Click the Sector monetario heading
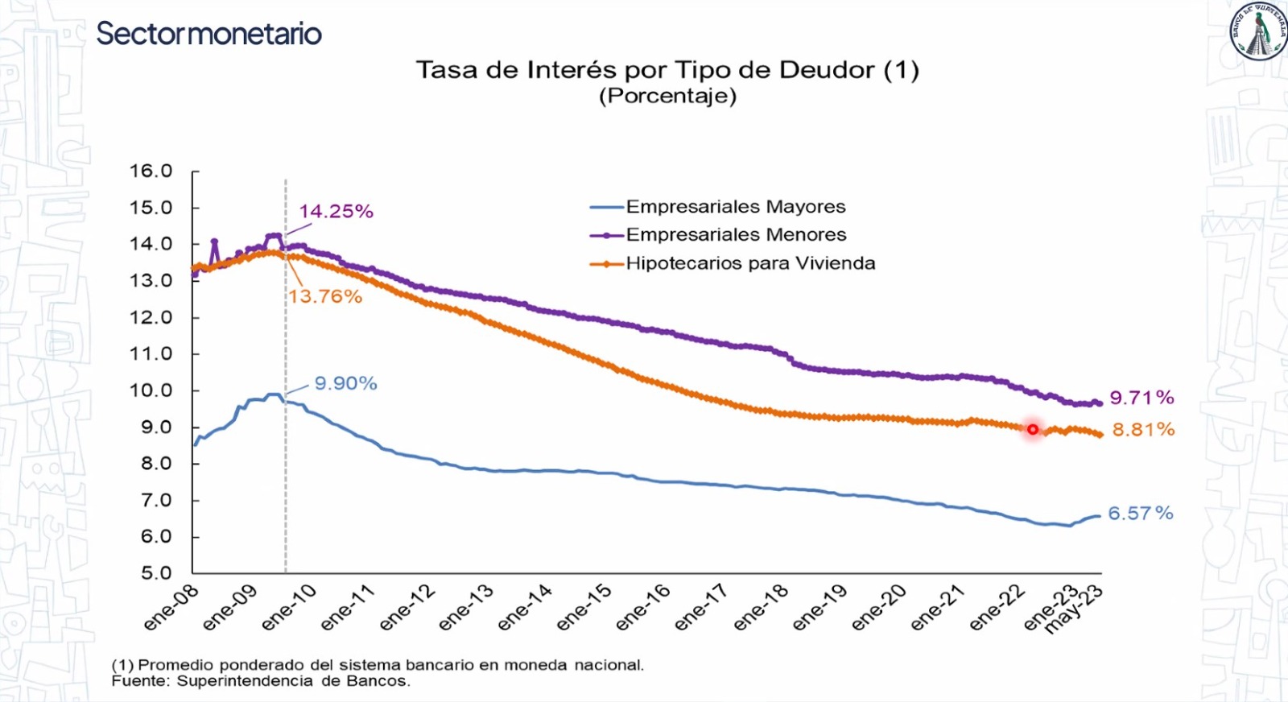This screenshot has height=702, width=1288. coord(208,34)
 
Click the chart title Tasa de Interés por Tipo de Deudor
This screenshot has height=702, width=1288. coord(667,70)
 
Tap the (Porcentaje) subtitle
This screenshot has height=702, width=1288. coord(667,96)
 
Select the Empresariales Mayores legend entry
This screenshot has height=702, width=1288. coord(736,207)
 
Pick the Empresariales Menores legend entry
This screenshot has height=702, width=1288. coord(736,235)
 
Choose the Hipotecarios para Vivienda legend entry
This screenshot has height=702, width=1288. coord(750,263)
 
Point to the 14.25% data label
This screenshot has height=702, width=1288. coord(336,212)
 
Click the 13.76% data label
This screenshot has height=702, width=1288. coord(325,296)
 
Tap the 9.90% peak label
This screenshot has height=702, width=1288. coord(345,383)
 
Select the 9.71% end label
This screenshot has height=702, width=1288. coord(1141,398)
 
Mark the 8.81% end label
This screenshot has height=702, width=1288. coord(1143,430)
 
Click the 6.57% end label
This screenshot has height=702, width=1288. coord(1140,514)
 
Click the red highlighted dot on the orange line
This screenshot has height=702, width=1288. coord(1033,430)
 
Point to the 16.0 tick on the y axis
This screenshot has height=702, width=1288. coord(151,171)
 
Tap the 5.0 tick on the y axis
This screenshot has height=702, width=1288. coord(156,573)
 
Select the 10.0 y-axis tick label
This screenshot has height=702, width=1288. coord(151,390)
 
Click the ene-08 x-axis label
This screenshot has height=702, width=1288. coord(171,609)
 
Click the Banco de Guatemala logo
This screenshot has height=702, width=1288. coord(1257,32)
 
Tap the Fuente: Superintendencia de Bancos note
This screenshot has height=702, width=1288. coord(261,681)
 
